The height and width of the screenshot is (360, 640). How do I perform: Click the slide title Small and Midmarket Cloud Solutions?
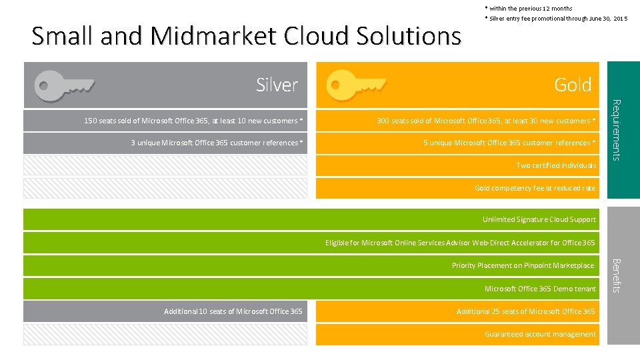[x=246, y=35]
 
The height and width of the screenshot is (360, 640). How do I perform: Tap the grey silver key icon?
[x=65, y=85]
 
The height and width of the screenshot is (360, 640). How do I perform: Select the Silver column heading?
[x=277, y=85]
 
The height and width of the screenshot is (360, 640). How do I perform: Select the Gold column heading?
[x=573, y=85]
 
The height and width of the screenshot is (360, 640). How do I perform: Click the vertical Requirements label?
[x=617, y=130]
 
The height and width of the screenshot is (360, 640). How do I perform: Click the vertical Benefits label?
[x=617, y=275]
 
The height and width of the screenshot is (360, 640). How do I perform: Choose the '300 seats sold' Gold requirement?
[x=486, y=121]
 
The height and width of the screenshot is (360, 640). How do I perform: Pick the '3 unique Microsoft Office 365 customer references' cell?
[x=217, y=143]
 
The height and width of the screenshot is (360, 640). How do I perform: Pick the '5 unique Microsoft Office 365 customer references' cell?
[x=509, y=143]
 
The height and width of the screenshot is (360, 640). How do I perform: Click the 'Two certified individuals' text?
[x=556, y=165]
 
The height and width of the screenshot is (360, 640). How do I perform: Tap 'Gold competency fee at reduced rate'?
[x=535, y=188]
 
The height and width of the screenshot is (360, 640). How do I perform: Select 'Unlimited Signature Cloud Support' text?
[x=539, y=219]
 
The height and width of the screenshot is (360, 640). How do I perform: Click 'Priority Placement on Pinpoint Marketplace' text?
[x=523, y=265]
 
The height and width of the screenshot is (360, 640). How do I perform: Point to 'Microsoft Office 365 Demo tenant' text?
[x=540, y=289]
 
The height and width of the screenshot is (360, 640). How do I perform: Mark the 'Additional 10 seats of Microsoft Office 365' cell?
[x=233, y=311]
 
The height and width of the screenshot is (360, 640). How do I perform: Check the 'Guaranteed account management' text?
[x=540, y=334]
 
